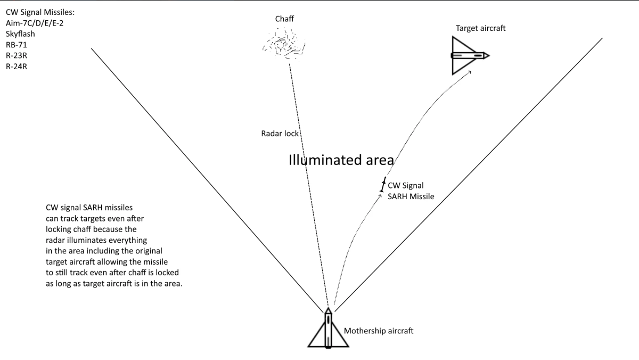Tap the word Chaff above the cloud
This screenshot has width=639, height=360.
284,19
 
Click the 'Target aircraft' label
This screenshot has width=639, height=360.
481,28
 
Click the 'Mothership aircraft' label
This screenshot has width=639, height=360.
379,331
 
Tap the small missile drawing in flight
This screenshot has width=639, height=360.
382,185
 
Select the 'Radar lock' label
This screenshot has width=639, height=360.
280,133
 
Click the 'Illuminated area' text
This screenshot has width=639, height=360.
341,160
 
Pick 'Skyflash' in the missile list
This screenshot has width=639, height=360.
20,34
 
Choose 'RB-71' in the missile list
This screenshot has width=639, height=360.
17,45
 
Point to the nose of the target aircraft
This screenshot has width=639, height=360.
487,55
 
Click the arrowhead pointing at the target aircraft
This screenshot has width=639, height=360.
471,73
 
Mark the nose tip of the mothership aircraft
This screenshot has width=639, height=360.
328,309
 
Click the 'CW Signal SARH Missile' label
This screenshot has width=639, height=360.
411,191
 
